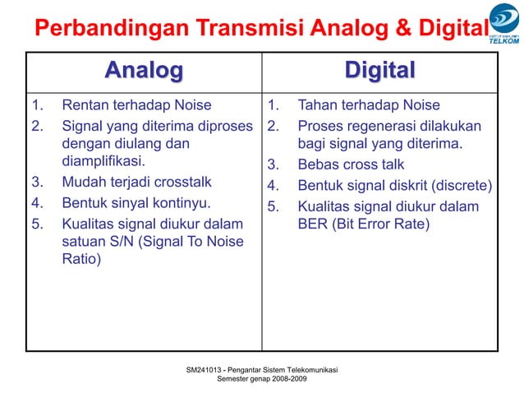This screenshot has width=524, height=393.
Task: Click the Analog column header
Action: coord(143,72)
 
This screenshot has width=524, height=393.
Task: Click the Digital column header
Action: coord(379,72)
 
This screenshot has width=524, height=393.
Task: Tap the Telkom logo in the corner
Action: coord(503,31)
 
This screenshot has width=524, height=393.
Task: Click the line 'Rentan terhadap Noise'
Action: coord(136,105)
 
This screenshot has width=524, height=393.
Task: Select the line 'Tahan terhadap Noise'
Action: coord(368,105)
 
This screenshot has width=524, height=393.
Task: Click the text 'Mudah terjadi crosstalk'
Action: coord(137,182)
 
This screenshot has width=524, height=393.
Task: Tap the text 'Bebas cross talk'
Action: coord(351,164)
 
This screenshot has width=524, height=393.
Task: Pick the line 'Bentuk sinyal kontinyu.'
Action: coord(136,202)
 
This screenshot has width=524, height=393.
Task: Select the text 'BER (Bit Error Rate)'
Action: coord(363,223)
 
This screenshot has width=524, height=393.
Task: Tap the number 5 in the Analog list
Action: coord(35,223)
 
